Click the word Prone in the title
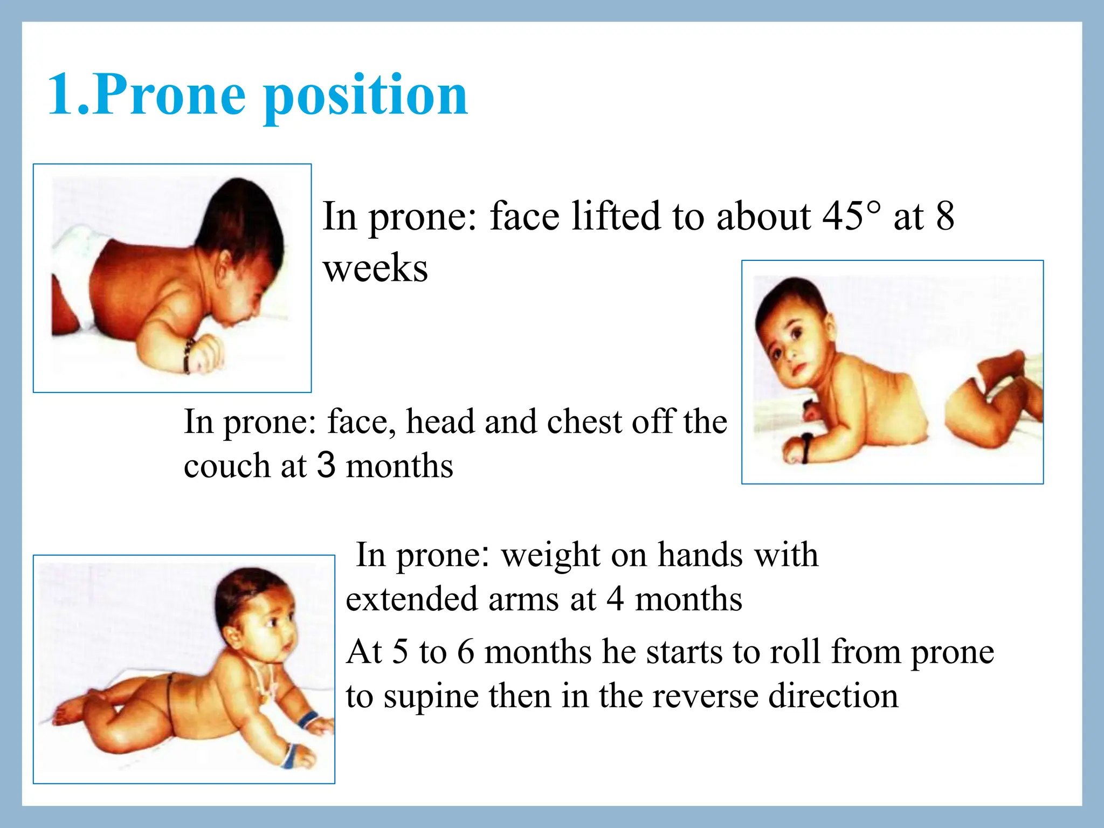(x=170, y=95)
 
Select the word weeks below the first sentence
(x=375, y=268)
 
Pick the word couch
(x=227, y=466)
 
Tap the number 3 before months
(x=326, y=465)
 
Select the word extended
(x=412, y=599)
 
